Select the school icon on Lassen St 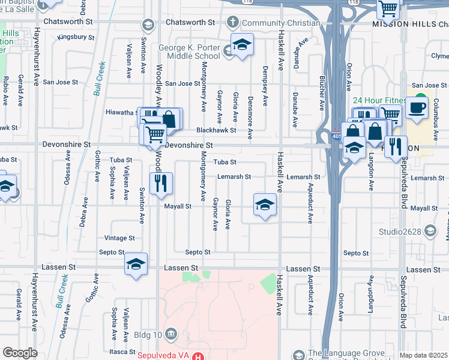click(136, 265)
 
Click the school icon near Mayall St click(265, 205)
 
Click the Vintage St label click(119, 238)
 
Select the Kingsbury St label click(76, 37)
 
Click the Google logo click(20, 353)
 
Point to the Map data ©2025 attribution click(423, 355)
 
